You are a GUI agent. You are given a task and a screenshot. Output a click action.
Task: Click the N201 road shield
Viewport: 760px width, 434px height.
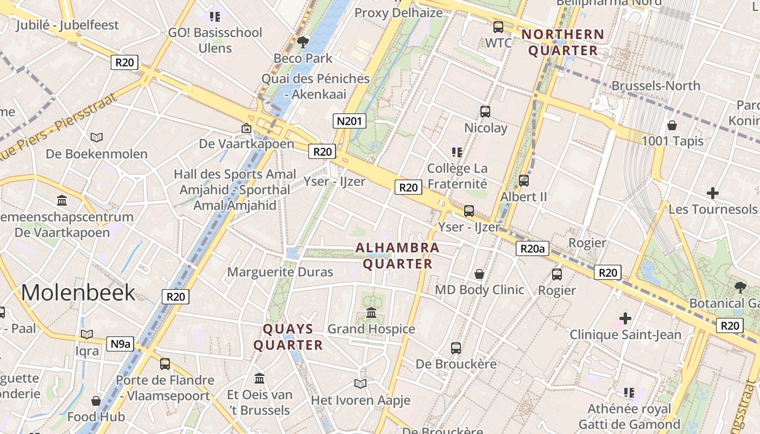(349, 121)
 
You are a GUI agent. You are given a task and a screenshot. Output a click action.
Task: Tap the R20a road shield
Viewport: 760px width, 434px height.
(532, 248)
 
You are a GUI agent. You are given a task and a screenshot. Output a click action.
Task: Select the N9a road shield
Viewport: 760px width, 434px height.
(120, 343)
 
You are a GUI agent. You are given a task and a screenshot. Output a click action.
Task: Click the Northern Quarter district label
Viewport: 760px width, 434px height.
(563, 42)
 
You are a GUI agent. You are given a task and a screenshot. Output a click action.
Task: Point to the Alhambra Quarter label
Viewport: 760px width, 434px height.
(397, 256)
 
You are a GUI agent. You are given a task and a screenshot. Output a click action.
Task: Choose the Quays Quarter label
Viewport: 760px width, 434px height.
(288, 337)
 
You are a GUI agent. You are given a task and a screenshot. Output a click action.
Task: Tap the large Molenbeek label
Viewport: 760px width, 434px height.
(78, 292)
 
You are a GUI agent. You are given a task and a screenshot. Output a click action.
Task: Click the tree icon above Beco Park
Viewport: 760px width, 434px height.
(302, 42)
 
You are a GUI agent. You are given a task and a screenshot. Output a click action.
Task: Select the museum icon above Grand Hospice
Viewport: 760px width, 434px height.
(371, 313)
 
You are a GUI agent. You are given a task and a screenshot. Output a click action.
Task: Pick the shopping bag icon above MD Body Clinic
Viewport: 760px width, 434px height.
(479, 274)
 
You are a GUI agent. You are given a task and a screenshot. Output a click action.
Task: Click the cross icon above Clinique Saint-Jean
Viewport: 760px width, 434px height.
(625, 318)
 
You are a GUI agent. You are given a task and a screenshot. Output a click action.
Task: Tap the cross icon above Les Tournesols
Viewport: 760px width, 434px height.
(713, 193)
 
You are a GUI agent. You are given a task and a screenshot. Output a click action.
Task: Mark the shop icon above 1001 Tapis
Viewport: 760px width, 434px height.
(672, 125)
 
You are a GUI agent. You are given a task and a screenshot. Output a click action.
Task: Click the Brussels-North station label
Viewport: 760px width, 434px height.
(656, 86)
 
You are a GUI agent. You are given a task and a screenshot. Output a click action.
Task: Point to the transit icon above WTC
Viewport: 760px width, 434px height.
(498, 27)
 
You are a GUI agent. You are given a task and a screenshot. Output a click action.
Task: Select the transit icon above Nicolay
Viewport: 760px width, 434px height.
(485, 112)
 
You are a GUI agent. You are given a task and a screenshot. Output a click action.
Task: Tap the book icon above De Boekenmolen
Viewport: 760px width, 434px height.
(97, 138)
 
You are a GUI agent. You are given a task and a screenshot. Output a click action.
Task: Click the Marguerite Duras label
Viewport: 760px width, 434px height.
(280, 272)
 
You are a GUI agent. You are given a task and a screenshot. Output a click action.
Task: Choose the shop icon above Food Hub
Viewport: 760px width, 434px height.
(96, 401)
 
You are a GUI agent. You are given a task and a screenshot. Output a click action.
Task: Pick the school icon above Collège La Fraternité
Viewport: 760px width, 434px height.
(457, 152)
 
